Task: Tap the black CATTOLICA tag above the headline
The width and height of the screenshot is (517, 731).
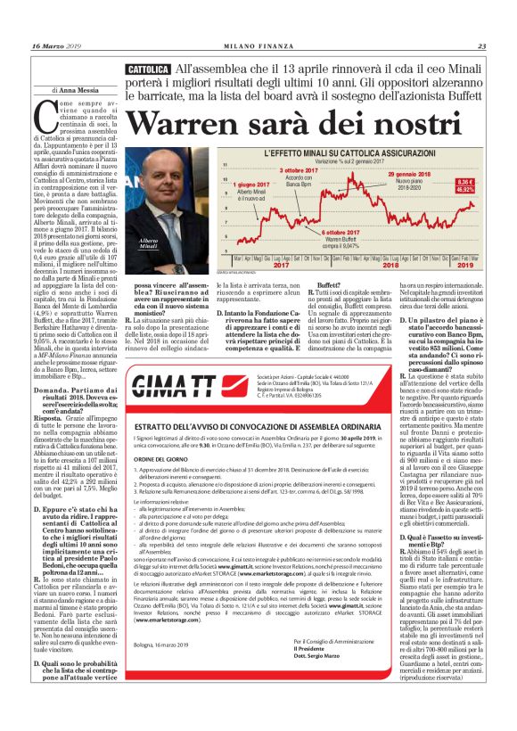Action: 147,69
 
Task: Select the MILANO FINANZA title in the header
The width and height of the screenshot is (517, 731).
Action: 258,46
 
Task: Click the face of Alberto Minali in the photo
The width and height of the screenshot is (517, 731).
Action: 146,184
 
